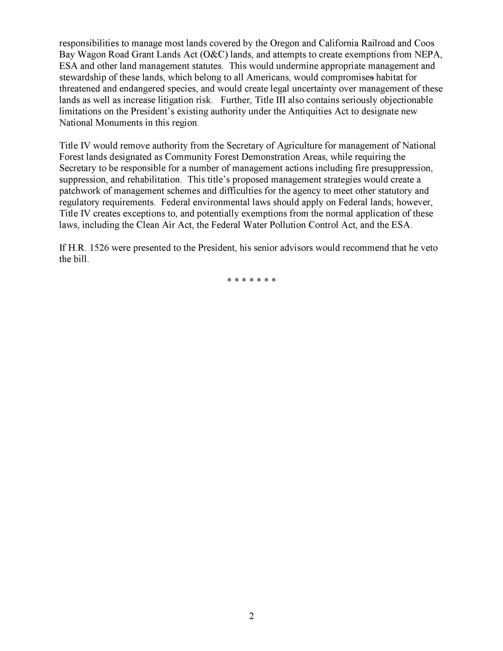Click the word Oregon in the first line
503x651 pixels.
(x=285, y=43)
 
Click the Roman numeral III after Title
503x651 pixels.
(x=280, y=100)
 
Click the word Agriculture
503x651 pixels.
(x=300, y=146)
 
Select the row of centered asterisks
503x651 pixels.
(x=251, y=280)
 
